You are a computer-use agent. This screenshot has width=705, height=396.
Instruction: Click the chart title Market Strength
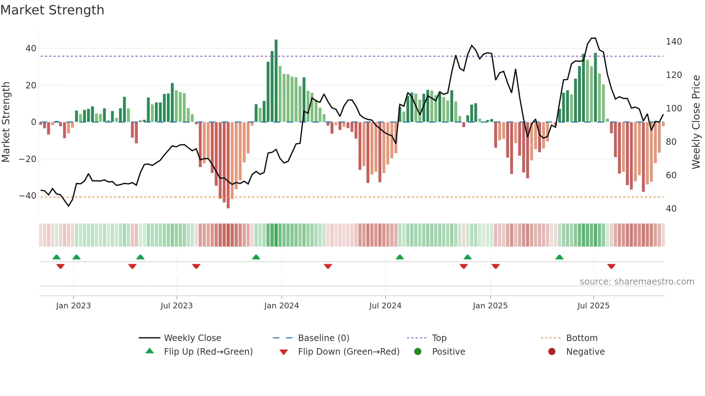(x=52, y=10)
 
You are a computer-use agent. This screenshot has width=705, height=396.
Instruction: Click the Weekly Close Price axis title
(x=696, y=122)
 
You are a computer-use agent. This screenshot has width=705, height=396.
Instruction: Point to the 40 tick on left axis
(x=31, y=49)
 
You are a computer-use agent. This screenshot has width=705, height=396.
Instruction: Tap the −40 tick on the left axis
(x=28, y=196)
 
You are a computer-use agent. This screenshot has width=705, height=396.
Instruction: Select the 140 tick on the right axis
(x=674, y=42)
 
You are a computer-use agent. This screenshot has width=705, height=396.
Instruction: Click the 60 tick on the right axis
(x=671, y=175)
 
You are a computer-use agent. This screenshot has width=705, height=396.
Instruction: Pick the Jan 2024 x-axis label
(x=281, y=306)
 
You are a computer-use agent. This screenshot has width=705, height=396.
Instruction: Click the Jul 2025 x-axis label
(x=593, y=306)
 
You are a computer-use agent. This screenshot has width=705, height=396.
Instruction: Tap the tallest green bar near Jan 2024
(x=276, y=81)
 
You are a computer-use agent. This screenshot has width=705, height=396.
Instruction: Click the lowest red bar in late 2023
(x=228, y=165)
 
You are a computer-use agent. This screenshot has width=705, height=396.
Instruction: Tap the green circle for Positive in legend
(x=418, y=352)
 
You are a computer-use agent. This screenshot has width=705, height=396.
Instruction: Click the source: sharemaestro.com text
(x=637, y=282)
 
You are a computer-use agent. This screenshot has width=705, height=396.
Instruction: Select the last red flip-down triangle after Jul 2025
(x=611, y=266)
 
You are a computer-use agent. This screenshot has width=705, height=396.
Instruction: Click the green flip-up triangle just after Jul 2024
(x=400, y=257)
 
